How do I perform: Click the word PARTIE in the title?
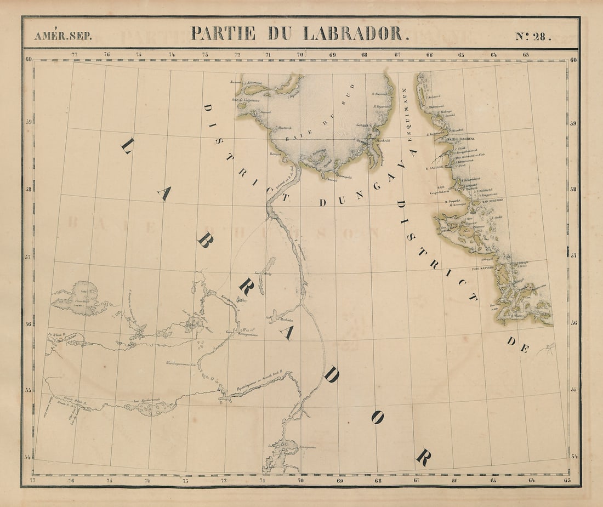223,33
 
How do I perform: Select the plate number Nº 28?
533,36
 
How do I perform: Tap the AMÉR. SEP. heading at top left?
63,36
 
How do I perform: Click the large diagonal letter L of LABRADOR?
127,146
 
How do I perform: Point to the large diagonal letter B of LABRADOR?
204,241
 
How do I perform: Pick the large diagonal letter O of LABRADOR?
377,418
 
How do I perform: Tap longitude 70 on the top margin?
300,54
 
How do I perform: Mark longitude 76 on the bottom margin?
71,481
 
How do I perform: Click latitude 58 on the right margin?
573,189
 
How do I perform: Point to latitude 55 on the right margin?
573,390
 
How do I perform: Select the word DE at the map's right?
517,344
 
